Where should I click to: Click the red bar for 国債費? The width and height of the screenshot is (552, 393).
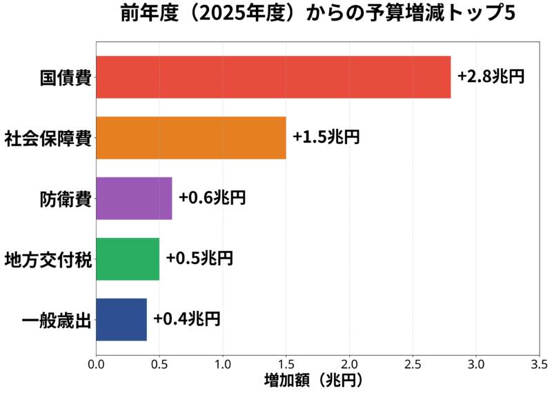[x=273, y=77]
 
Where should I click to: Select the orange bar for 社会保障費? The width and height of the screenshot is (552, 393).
[x=190, y=138]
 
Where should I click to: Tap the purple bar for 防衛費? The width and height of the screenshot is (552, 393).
[x=134, y=199]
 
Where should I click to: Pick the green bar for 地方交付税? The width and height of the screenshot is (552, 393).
[x=128, y=259]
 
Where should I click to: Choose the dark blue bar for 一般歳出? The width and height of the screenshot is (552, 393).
[x=121, y=319]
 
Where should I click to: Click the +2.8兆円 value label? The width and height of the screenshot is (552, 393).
[x=491, y=76]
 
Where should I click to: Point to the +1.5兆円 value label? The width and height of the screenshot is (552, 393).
[x=326, y=137]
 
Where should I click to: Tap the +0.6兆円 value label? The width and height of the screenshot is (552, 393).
[x=212, y=197]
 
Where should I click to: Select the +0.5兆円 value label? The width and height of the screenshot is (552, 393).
[x=199, y=258]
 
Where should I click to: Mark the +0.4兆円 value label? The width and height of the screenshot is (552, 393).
[x=186, y=319]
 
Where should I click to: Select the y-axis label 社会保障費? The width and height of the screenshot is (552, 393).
[x=48, y=138]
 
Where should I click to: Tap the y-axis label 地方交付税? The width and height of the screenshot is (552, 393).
[x=48, y=259]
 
